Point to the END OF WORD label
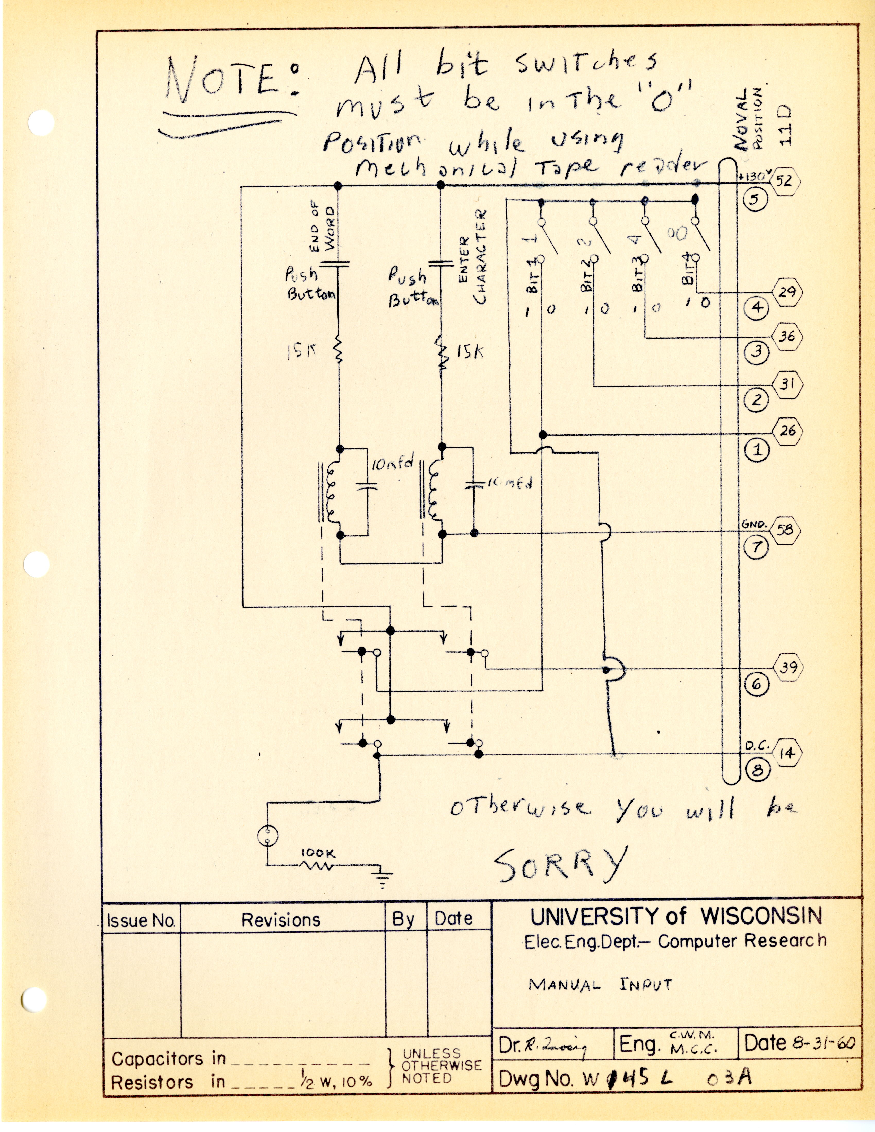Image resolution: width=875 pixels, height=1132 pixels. click(x=324, y=229)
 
